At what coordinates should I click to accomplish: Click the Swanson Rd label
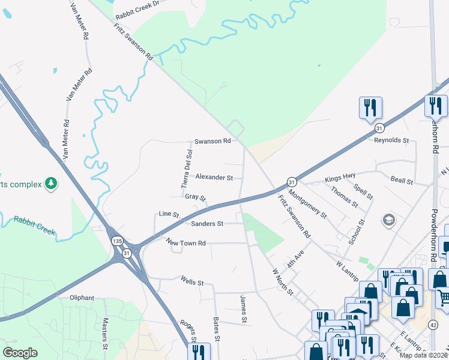pos(212,142)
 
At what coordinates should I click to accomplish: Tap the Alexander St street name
pos(214,178)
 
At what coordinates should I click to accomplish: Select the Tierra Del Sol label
pos(187,169)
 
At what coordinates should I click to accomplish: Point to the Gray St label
pos(195,197)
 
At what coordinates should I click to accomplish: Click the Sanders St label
pos(207,224)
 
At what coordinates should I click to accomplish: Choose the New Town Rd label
pos(186,243)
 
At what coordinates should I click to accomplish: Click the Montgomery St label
pos(307,204)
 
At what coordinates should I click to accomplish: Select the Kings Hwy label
pos(340,178)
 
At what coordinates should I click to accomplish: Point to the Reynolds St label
pos(391,141)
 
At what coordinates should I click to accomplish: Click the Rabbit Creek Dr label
pos(139,3)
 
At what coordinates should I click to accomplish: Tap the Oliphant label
pos(82,298)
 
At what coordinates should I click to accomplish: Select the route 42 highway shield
pos(433,325)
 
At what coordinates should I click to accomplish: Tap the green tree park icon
pos(52,183)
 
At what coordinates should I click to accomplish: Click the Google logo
pos(20,353)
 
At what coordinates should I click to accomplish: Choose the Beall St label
pos(402,181)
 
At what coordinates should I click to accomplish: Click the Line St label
pos(169,214)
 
